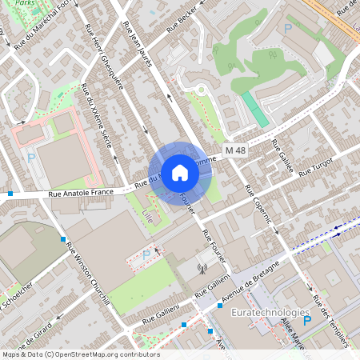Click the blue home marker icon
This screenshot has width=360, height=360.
click(180, 173)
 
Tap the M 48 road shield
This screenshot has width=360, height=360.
click(234, 150)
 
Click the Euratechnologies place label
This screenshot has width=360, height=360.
click(276, 313)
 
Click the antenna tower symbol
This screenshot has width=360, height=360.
click(202, 269)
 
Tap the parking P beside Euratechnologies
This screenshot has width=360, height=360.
click(306, 321)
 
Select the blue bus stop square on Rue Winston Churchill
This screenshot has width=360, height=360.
click(63, 238)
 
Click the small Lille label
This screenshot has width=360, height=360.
click(146, 216)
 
